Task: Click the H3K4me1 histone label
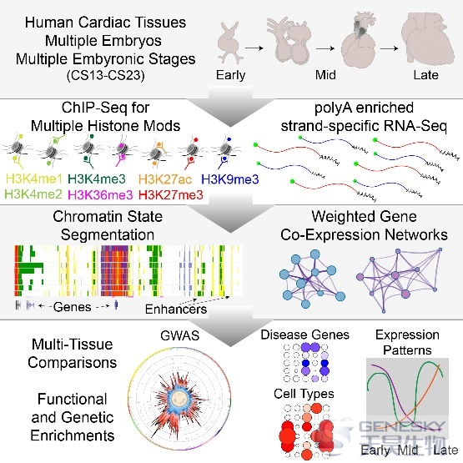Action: coord(34,179)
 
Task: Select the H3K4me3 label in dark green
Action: coord(97,179)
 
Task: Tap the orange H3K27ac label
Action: coord(165,179)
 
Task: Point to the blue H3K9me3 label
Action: coord(230,179)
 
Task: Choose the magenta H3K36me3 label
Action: coord(100,194)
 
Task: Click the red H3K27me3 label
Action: coord(171,194)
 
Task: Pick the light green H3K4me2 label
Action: coord(33,194)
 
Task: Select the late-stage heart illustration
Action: coord(427,39)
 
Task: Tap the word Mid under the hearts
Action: coord(325,75)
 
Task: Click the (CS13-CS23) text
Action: coord(105,75)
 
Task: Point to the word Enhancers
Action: coord(176,310)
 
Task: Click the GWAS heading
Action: coord(180,335)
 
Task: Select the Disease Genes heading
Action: coord(304,335)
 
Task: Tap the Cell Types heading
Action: coord(304,394)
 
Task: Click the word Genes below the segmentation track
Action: coord(73,307)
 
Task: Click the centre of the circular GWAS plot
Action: coord(180,399)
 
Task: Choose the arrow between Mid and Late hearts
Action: coord(389,48)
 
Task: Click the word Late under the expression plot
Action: coord(445,450)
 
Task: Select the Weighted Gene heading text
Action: coord(364,216)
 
